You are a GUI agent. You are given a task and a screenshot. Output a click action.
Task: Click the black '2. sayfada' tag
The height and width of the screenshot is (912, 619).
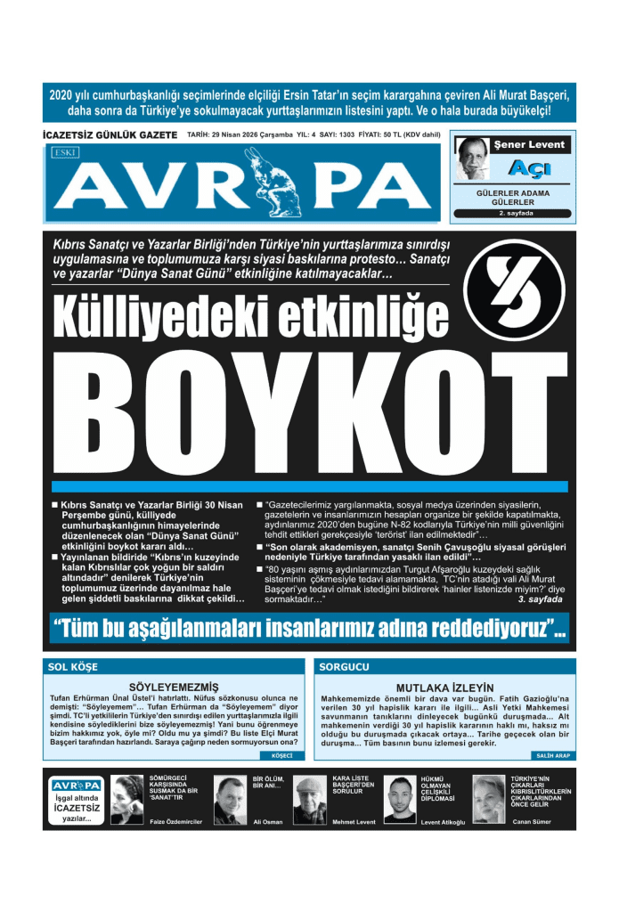[513, 214]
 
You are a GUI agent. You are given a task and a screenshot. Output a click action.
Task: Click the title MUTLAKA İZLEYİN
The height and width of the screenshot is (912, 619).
[444, 688]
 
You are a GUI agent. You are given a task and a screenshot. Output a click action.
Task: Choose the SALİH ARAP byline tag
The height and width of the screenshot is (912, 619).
[553, 755]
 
